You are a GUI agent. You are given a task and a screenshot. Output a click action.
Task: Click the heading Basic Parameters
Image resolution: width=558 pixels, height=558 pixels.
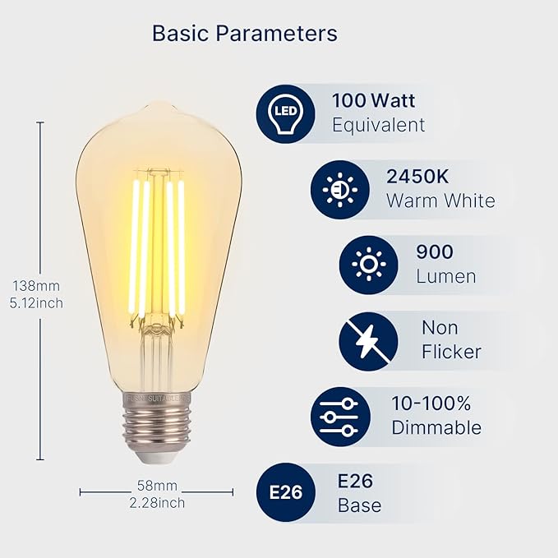(x=245, y=34)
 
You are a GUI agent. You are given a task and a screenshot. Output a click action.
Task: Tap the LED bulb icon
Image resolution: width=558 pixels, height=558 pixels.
(x=284, y=113)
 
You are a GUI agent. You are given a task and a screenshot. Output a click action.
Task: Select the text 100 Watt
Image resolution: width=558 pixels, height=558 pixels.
(x=373, y=101)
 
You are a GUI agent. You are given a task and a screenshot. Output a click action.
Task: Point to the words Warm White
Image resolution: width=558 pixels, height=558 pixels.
(x=440, y=201)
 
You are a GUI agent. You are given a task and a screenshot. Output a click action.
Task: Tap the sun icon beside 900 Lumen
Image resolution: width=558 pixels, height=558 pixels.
(x=368, y=265)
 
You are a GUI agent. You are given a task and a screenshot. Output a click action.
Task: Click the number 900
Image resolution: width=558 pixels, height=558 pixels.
(x=435, y=251)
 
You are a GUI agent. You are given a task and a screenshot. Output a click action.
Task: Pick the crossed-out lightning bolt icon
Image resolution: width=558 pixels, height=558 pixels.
(x=368, y=341)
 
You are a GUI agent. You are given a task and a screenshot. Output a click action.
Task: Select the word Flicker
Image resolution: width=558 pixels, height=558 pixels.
(x=451, y=352)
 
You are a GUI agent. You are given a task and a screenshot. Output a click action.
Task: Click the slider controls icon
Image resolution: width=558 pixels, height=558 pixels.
(x=340, y=417)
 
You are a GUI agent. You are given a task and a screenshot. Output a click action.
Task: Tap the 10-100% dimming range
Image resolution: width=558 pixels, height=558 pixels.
(x=431, y=404)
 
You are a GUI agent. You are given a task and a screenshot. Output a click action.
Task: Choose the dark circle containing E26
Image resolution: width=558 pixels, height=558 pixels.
(x=287, y=492)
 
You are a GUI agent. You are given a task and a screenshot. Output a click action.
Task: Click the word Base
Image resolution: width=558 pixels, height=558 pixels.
(x=359, y=505)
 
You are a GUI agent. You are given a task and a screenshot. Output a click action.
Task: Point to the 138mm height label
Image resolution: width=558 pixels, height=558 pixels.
(x=36, y=286)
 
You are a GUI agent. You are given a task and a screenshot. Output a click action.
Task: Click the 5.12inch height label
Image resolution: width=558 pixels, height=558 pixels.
(x=36, y=302)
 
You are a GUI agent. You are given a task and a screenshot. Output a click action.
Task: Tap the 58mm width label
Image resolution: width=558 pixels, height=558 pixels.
(x=156, y=487)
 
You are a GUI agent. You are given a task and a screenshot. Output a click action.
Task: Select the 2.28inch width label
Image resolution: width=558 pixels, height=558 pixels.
(x=156, y=503)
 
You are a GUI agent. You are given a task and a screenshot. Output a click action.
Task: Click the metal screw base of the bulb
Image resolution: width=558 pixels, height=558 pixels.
(x=157, y=427)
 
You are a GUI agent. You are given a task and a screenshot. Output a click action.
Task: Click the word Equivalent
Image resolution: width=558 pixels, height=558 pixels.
(x=378, y=125)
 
